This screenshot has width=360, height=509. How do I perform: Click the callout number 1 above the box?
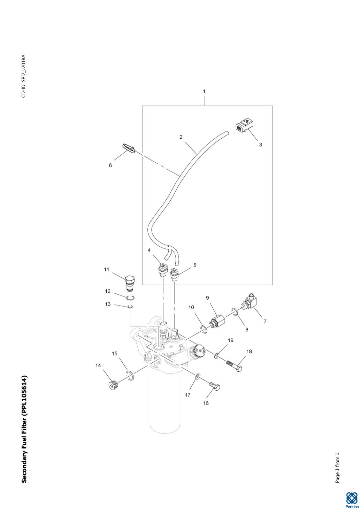click(x=204, y=92)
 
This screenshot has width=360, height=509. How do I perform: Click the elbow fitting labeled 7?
click(x=250, y=302)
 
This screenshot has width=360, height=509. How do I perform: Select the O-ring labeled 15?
click(x=130, y=376)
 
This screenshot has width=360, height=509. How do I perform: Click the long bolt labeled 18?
click(x=234, y=366)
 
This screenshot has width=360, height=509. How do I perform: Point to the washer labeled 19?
click(x=217, y=356)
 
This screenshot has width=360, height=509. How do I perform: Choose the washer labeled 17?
click(x=198, y=376)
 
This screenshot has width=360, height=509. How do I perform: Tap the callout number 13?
click(x=108, y=304)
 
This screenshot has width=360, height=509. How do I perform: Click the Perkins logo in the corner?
click(x=351, y=499)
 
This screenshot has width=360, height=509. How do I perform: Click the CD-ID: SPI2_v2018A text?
click(x=24, y=76)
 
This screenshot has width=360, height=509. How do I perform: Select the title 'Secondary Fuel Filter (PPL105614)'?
click(x=24, y=429)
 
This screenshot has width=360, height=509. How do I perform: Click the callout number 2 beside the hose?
click(x=181, y=137)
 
